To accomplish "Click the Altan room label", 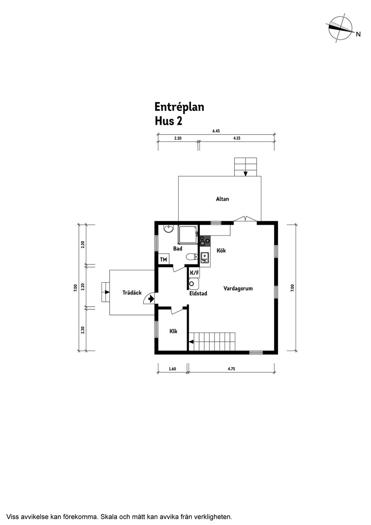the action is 222,199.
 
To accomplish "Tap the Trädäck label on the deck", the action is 132,293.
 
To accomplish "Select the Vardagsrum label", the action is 238,288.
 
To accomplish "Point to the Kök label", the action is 221,251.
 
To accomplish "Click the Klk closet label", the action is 173,331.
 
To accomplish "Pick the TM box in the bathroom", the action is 163,259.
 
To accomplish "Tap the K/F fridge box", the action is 194,273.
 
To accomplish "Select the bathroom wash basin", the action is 169,229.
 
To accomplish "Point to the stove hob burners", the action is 205,241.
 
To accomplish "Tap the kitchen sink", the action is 205,257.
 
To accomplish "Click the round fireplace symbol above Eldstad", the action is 192,284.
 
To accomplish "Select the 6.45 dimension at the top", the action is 216,131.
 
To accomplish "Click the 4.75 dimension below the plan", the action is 231,369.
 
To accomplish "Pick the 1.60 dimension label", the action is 172,369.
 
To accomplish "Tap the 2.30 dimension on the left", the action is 82,330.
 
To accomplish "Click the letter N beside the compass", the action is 358,34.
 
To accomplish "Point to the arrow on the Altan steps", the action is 245,174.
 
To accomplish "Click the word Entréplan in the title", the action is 179,107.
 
